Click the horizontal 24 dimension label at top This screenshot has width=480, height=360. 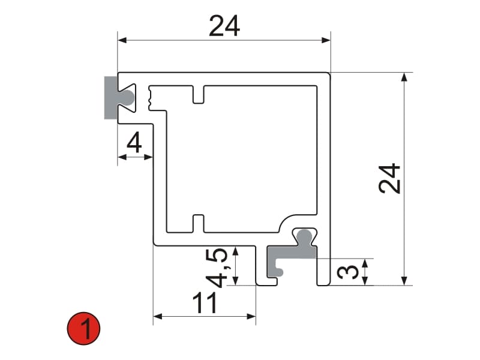(x=224, y=26)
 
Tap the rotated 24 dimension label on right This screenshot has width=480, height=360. (x=389, y=178)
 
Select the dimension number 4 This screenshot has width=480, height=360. (x=134, y=142)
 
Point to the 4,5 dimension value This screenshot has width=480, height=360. (x=217, y=268)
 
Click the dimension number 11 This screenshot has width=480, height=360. (x=205, y=302)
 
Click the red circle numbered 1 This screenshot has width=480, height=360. (x=83, y=328)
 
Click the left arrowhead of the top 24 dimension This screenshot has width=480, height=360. (x=122, y=40)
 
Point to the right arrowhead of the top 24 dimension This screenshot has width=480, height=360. (x=326, y=40)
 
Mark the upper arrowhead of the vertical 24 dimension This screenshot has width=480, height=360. (x=404, y=77)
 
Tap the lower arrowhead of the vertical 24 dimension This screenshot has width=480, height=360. (x=404, y=281)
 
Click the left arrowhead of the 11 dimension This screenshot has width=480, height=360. (x=158, y=316)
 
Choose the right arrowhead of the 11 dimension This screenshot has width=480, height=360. (x=251, y=316)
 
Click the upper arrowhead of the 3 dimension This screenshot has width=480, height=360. (x=365, y=263)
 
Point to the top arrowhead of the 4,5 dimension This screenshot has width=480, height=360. (x=235, y=251)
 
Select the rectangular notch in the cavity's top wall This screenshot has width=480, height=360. (x=199, y=95)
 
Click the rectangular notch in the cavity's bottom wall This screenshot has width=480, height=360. (x=199, y=223)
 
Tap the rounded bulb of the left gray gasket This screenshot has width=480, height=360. (x=128, y=98)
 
